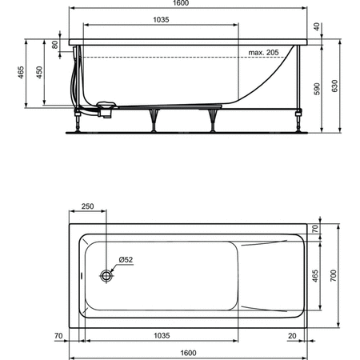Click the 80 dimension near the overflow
55,45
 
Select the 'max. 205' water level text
262,53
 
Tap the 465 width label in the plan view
314,276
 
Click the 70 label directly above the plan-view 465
315,229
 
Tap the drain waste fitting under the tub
104,104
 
